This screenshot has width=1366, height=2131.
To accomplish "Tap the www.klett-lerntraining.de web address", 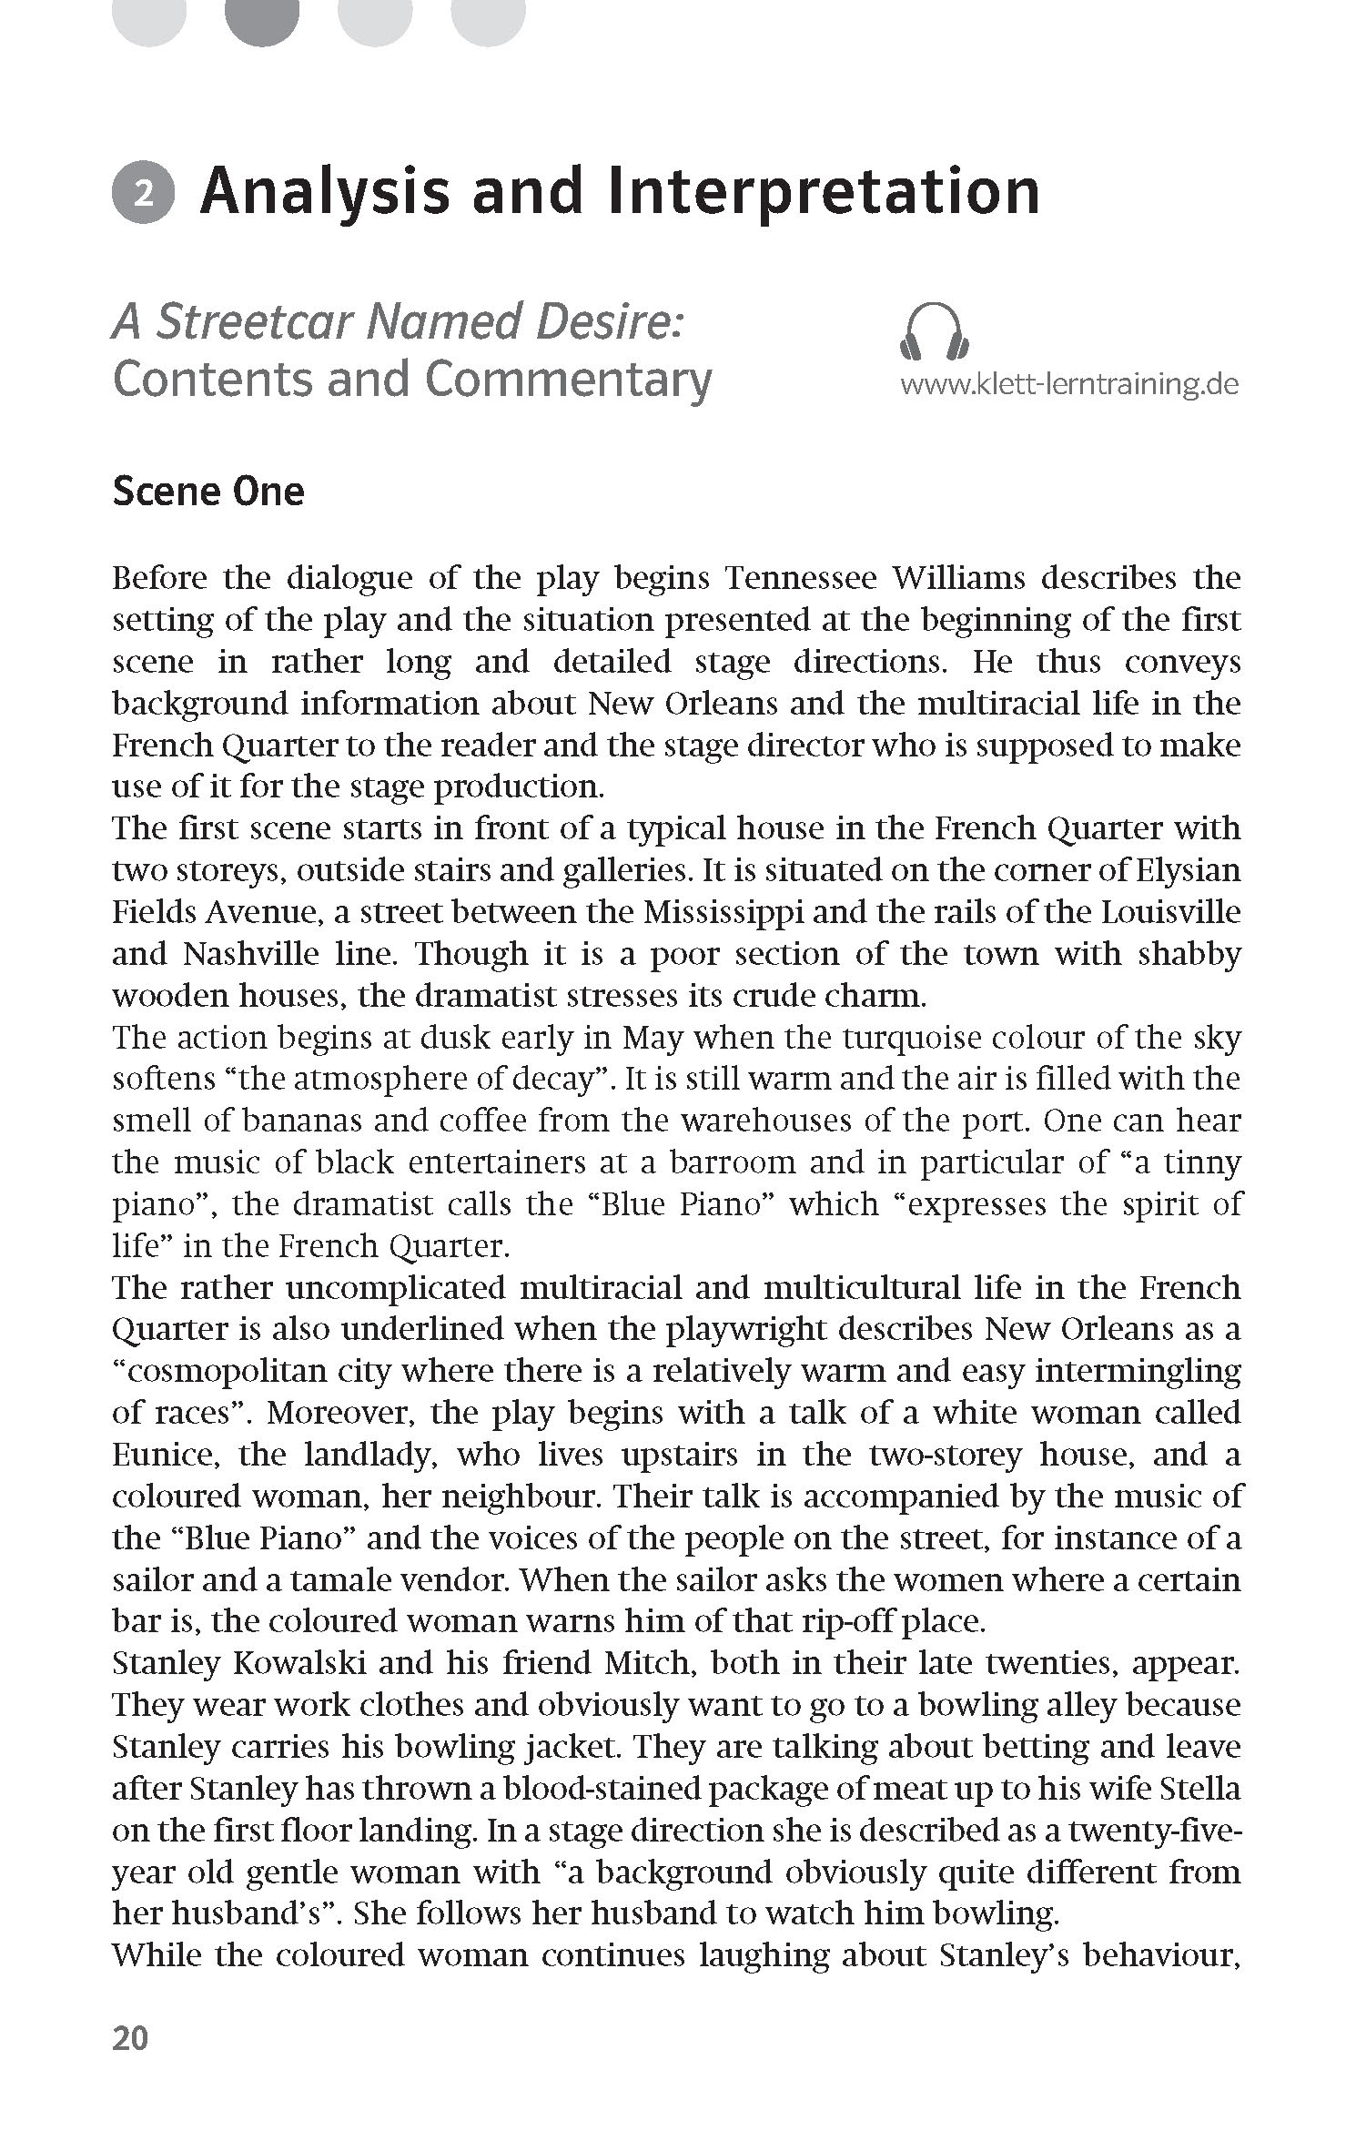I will [1069, 384].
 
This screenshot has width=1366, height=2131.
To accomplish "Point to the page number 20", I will [129, 2063].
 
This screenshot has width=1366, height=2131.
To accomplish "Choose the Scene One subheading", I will [208, 492].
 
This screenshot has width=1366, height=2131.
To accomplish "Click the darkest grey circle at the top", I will [262, 16].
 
